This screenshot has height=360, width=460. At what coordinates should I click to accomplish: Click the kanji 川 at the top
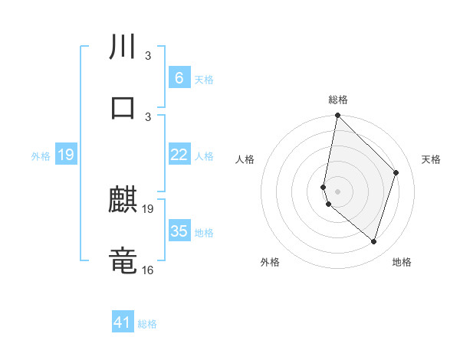pyautogui.click(x=123, y=47)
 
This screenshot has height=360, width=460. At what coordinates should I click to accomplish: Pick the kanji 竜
pyautogui.click(x=123, y=260)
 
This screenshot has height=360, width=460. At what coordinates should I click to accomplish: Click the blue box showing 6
pyautogui.click(x=179, y=78)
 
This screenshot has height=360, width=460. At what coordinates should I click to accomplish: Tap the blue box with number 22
pyautogui.click(x=179, y=155)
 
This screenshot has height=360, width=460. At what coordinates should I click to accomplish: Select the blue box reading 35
pyautogui.click(x=179, y=231)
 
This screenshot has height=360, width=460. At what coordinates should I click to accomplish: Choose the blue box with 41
pyautogui.click(x=123, y=322)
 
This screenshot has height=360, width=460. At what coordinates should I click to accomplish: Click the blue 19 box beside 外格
pyautogui.click(x=66, y=155)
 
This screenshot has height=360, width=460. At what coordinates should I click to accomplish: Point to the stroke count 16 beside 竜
pyautogui.click(x=148, y=270)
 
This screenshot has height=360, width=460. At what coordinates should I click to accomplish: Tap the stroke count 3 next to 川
pyautogui.click(x=148, y=55)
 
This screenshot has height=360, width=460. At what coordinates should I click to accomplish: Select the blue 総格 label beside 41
pyautogui.click(x=147, y=324)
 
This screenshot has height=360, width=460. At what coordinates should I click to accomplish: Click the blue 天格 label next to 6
pyautogui.click(x=204, y=80)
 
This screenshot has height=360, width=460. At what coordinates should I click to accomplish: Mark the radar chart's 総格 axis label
pyautogui.click(x=338, y=100)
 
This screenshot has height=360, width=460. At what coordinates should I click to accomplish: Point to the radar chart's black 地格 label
pyautogui.click(x=402, y=262)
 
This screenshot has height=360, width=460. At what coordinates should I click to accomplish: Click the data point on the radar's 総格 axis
pyautogui.click(x=337, y=115)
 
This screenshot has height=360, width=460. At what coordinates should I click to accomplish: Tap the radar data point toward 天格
pyautogui.click(x=396, y=172)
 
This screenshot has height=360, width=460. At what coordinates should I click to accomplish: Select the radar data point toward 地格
pyautogui.click(x=373, y=241)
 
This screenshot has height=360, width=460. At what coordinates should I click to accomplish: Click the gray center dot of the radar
pyautogui.click(x=337, y=191)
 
